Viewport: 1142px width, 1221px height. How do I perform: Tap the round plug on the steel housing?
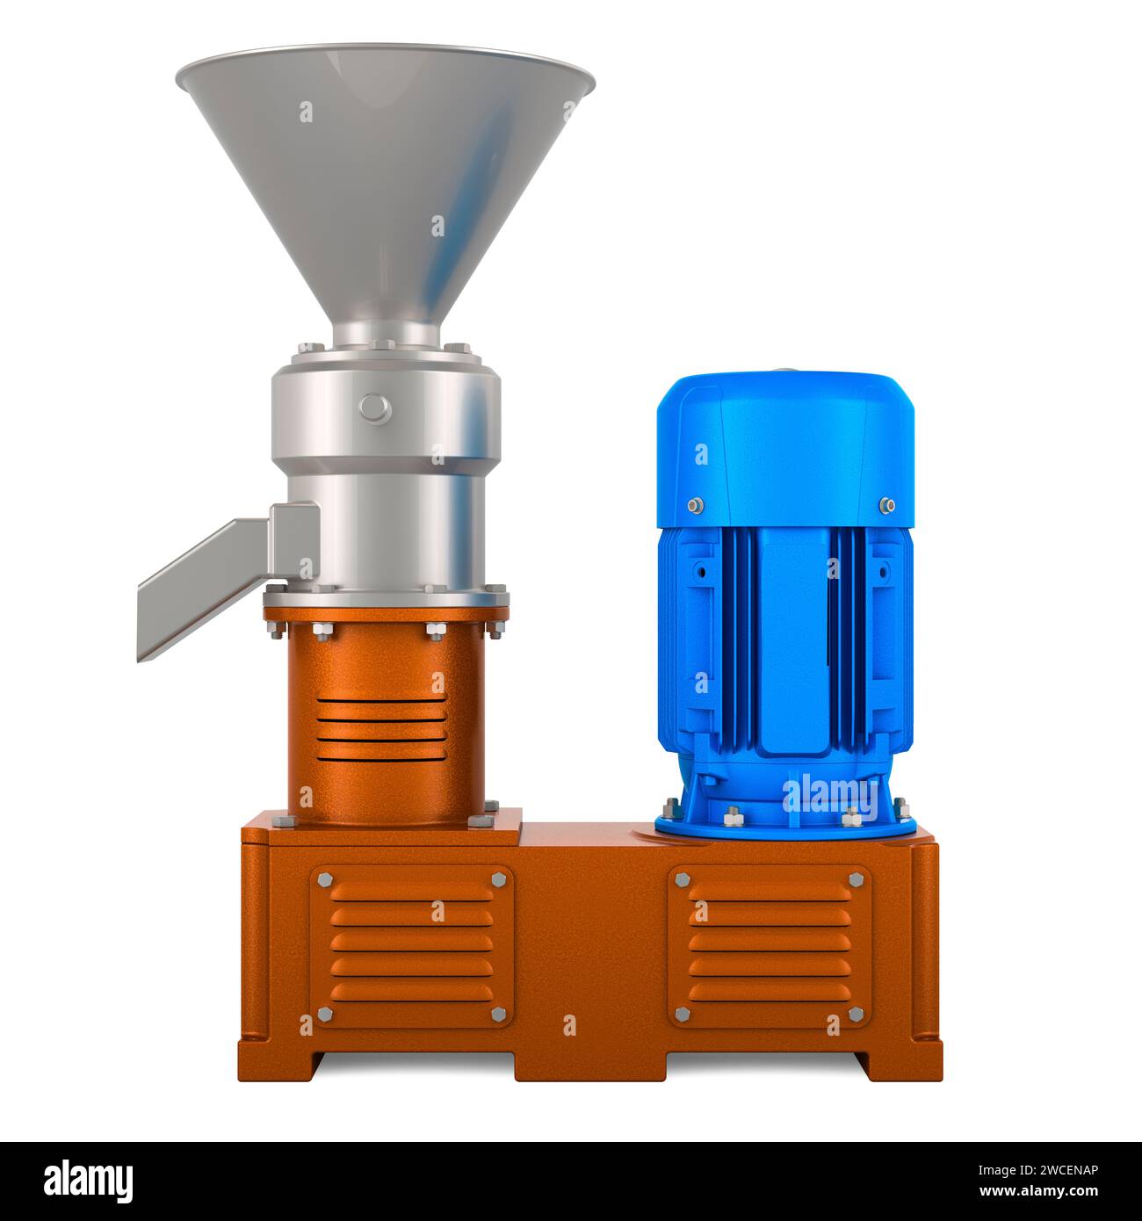pos(375,406)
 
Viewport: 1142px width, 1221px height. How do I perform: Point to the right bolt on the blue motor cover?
pos(885,505)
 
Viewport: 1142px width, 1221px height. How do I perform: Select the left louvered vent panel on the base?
pos(412,946)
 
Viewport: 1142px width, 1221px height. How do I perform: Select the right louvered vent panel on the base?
pos(770,946)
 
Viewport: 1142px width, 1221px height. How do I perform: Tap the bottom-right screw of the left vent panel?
pos(498,1015)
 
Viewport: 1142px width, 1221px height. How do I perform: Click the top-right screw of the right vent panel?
pos(856,879)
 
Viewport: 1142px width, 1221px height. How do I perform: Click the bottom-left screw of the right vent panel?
pos(683,1015)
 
